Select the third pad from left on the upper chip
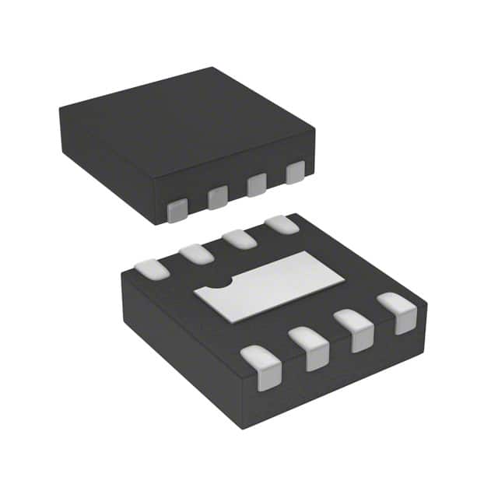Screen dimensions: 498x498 [257, 184]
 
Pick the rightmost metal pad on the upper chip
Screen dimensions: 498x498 [295, 172]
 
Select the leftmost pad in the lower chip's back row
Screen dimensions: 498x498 [152, 269]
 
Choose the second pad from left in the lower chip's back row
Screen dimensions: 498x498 [196, 254]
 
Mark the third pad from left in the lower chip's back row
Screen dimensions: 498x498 [240, 238]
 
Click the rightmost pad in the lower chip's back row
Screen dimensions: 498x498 [282, 225]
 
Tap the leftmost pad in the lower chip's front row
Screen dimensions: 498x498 [261, 367]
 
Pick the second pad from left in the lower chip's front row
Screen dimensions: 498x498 [309, 348]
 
